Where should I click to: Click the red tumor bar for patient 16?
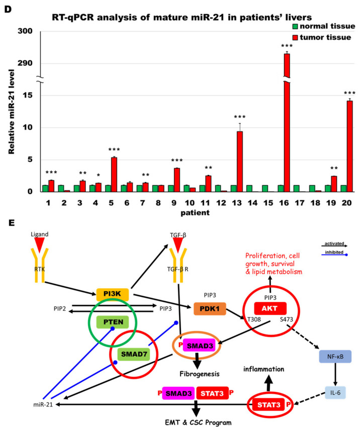287,123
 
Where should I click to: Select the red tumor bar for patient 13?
240,162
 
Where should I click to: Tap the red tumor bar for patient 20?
349,146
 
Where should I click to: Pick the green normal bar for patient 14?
249,188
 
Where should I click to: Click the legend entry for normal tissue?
324,26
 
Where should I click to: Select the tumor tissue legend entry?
322,37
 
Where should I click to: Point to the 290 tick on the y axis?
25,63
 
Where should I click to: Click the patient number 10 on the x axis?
190,203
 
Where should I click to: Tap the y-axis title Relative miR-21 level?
11,112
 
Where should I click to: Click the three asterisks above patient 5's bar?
114,150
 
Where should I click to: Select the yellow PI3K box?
112,294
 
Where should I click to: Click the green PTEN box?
113,322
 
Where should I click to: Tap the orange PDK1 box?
210,309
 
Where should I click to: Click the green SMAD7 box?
134,354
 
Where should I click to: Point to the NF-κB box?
335,357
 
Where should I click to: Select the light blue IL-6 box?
335,393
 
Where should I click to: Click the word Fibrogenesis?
200,374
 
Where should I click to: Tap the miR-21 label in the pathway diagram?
43,404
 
